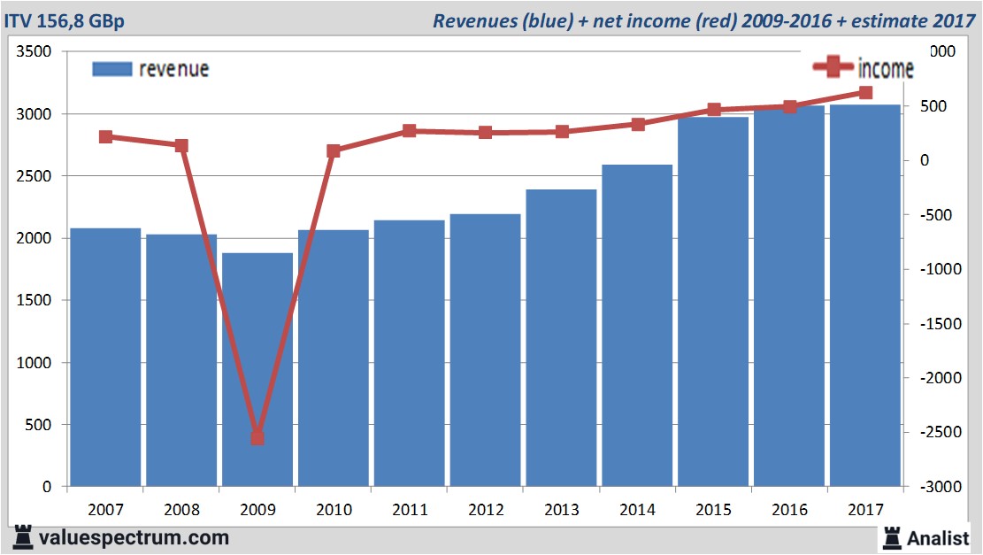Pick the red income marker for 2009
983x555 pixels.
[257, 437]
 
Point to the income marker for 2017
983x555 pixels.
[865, 93]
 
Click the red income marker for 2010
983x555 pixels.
[334, 151]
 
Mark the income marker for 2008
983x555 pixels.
[181, 145]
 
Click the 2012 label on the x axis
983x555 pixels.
[486, 511]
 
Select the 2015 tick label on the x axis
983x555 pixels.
[713, 511]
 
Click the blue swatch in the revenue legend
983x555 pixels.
[111, 69]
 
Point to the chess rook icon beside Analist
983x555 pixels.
[892, 537]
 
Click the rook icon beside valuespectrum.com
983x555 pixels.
[23, 537]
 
